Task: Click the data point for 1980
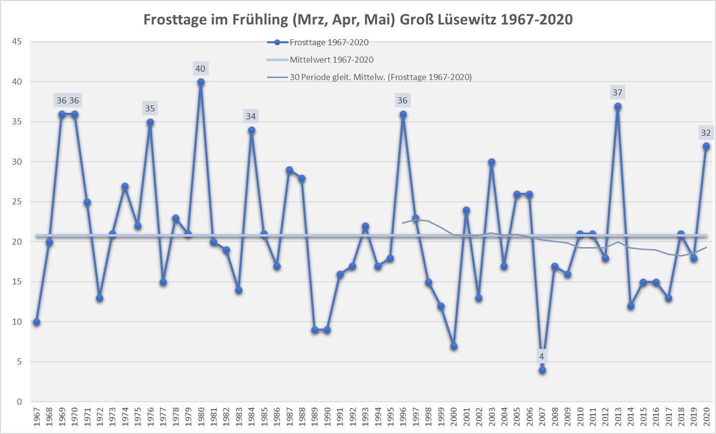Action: (x=201, y=82)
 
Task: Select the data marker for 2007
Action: (x=542, y=370)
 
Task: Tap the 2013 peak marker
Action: (x=618, y=106)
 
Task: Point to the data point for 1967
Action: (x=36, y=322)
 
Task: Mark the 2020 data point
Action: (x=706, y=146)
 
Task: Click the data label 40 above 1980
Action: (x=200, y=69)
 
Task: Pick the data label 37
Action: (x=618, y=92)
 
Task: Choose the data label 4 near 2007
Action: (x=542, y=356)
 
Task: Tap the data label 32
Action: (x=706, y=133)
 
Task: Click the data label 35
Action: (x=150, y=108)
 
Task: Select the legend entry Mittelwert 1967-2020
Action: (x=331, y=60)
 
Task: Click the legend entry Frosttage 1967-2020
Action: (x=329, y=42)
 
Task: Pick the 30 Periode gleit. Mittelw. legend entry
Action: (x=381, y=77)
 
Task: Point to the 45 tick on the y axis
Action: (x=17, y=42)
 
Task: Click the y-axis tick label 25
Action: (x=17, y=202)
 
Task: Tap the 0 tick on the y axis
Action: (x=19, y=402)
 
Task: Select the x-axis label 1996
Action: (x=403, y=417)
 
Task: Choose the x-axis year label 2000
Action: (x=454, y=417)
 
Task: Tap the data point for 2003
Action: (x=491, y=162)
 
